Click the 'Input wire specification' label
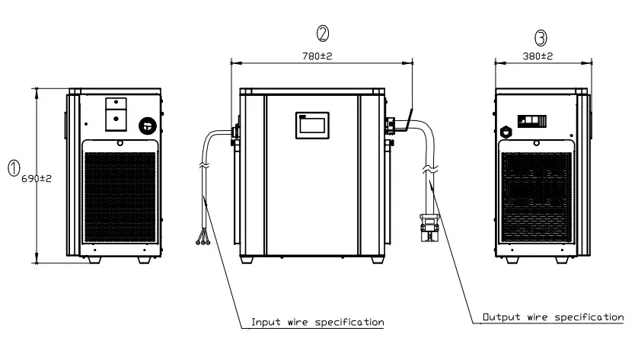317,322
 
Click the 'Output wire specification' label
553,316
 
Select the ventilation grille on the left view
120,193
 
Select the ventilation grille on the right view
536,193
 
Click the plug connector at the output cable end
428,227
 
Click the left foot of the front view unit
248,259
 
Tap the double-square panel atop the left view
114,110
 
